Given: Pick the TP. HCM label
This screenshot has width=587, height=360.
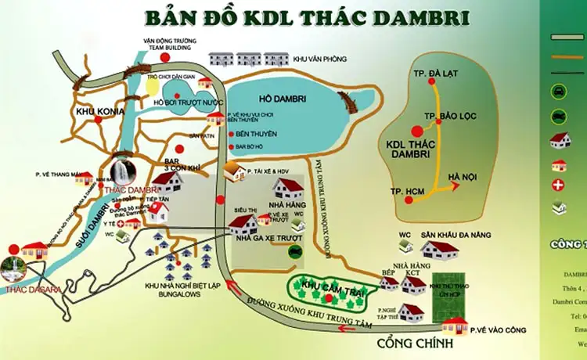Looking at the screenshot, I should pos(408,192).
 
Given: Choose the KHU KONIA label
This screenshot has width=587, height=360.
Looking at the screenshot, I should pos(96,113).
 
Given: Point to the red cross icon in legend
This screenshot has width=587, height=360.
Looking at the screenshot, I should pos(559,185).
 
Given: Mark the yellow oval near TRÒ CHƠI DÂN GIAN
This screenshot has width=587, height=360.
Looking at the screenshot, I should pos(150,86).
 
